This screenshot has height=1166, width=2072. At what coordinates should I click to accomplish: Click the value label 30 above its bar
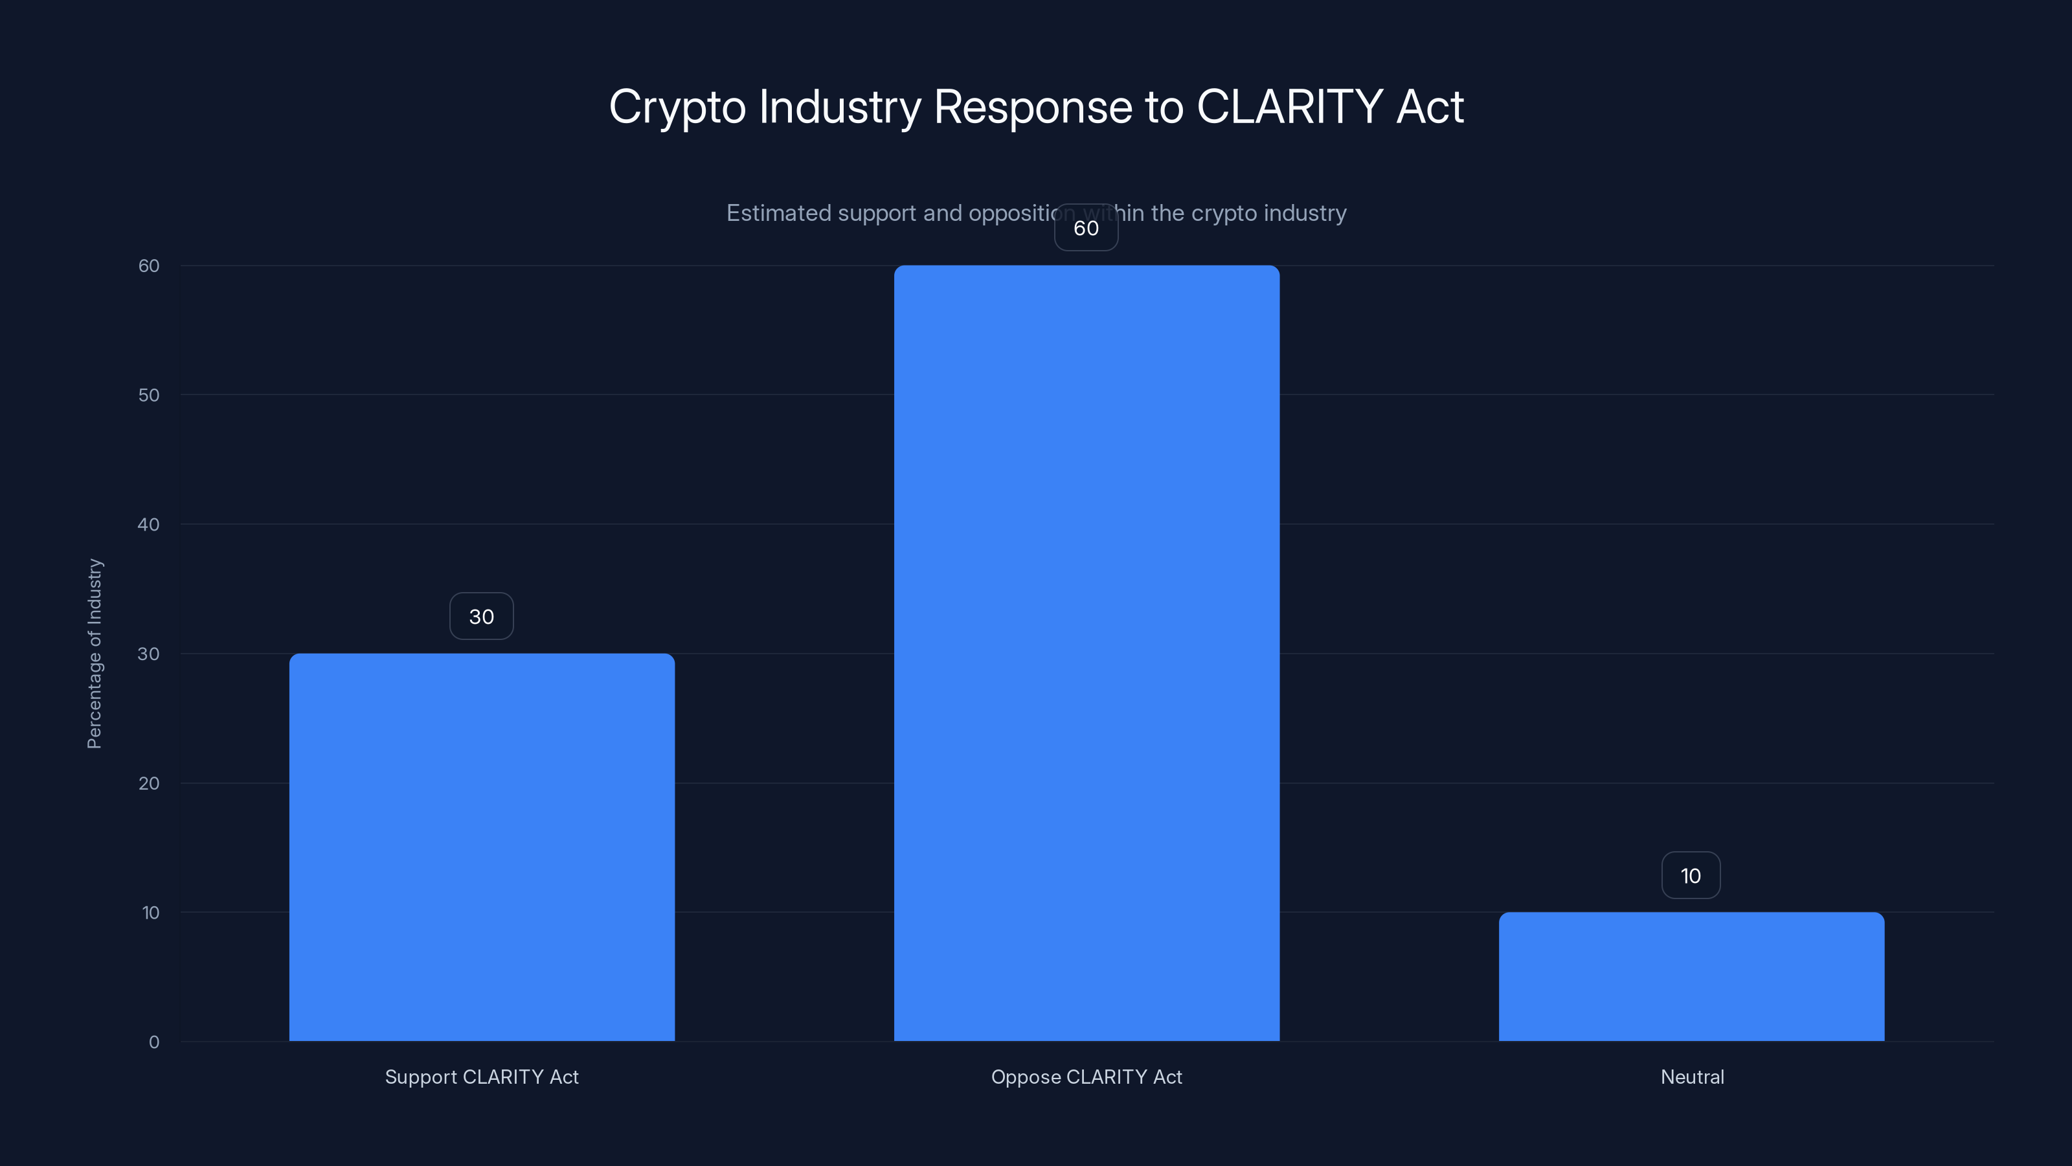point(481,617)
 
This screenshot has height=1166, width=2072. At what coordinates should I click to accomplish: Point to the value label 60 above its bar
point(1086,228)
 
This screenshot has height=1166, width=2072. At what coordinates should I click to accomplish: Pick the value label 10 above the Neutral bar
point(1691,876)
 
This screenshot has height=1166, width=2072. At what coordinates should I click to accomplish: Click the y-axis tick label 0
point(153,1042)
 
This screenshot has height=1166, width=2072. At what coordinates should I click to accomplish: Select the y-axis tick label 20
point(149,783)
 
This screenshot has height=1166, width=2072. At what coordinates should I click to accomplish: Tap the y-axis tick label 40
point(149,525)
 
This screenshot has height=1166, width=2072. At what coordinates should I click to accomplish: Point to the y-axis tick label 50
point(149,395)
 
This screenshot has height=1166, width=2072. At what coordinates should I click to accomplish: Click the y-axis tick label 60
point(149,266)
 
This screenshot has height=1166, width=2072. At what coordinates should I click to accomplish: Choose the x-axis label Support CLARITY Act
point(482,1077)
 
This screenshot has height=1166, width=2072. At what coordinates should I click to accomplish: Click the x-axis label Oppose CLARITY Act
point(1087,1077)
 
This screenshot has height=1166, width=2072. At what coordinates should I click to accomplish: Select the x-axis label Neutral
point(1693,1077)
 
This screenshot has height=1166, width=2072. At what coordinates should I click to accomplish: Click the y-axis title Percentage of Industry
point(94,654)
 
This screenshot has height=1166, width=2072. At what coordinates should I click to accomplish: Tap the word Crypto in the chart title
point(677,107)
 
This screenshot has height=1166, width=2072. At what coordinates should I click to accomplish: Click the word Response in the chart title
point(1033,107)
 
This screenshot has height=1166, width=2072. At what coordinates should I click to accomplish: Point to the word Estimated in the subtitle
point(778,213)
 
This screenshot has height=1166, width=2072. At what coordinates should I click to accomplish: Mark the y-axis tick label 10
point(150,913)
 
